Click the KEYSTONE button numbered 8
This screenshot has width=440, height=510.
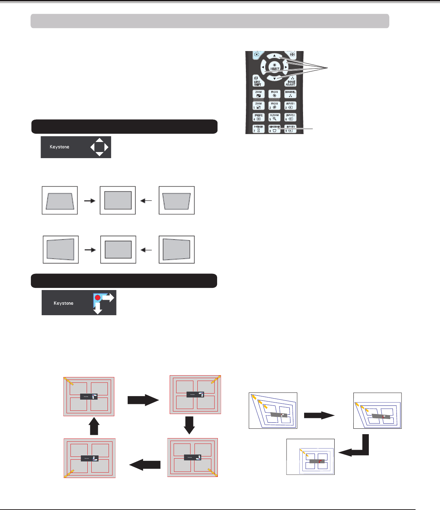tap(274, 129)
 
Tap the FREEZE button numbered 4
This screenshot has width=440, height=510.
tap(258, 118)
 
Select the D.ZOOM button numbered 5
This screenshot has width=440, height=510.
tap(274, 118)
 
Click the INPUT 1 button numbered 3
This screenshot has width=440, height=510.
tap(290, 106)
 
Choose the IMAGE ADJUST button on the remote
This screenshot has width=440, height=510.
tap(290, 82)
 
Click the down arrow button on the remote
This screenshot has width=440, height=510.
tap(275, 78)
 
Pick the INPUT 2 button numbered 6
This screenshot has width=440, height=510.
tap(290, 118)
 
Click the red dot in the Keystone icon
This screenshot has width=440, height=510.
tap(97, 298)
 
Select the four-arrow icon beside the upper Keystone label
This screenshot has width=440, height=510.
tap(99, 147)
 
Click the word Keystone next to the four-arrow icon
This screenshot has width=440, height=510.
tap(59, 147)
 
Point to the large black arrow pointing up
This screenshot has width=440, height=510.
tap(94, 426)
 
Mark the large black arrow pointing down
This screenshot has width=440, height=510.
tap(189, 425)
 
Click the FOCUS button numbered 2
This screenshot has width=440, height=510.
tap(274, 106)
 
